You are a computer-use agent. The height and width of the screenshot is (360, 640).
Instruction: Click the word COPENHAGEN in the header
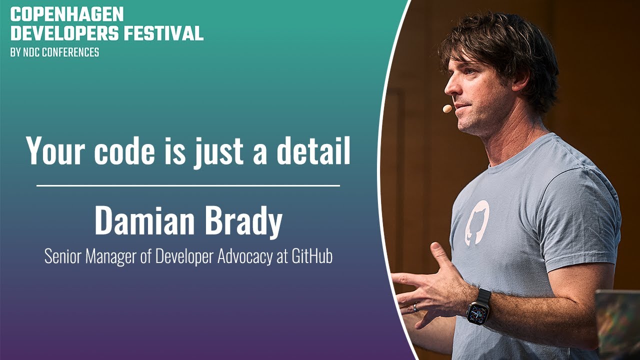tap(67, 14)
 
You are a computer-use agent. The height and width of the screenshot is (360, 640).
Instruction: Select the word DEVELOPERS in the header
tap(64, 33)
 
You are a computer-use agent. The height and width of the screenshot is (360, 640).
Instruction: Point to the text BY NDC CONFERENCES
tap(54, 52)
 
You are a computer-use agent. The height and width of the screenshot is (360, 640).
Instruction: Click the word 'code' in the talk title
tap(124, 150)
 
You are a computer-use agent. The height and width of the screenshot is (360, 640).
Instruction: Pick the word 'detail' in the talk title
tap(313, 150)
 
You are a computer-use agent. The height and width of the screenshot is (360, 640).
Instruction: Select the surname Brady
tap(244, 222)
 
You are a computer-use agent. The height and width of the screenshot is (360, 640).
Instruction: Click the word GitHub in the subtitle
tap(312, 256)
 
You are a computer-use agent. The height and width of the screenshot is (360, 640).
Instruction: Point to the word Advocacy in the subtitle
tap(245, 257)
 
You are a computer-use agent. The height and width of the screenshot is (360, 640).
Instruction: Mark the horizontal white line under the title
tap(188, 185)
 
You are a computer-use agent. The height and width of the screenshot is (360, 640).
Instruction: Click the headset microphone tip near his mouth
tap(447, 108)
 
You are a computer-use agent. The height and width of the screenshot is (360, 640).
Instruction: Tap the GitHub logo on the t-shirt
tap(477, 223)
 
